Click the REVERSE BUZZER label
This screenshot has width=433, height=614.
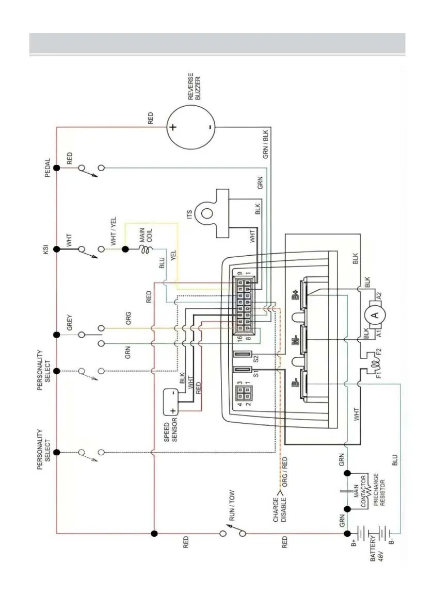(194, 87)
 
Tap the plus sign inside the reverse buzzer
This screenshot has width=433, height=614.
(172, 127)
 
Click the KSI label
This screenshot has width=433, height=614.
(45, 250)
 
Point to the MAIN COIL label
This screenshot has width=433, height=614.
(146, 235)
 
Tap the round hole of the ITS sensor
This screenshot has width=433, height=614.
(207, 214)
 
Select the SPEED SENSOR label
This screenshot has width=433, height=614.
(170, 432)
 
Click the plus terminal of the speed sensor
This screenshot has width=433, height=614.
(172, 411)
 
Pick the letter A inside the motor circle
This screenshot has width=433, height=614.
(375, 313)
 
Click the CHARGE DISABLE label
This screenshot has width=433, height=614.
(279, 509)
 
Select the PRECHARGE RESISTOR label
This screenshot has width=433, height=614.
(379, 489)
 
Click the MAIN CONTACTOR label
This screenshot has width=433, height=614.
(360, 491)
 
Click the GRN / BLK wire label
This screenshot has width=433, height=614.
(266, 144)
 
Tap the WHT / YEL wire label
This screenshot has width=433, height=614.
(113, 231)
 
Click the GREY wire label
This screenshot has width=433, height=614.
(69, 323)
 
